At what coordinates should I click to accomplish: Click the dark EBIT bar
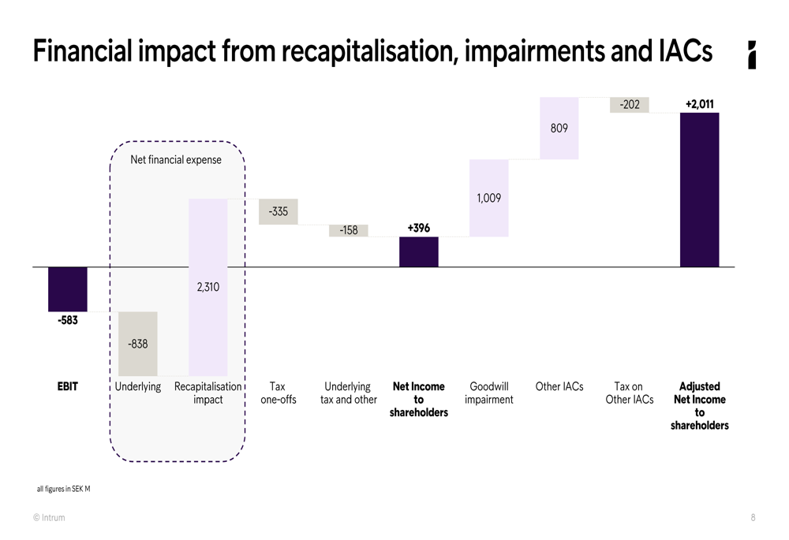click(x=68, y=289)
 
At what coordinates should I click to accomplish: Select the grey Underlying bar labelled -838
click(x=138, y=344)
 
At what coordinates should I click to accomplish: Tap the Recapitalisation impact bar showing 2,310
click(x=208, y=287)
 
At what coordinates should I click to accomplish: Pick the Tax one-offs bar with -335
click(x=279, y=211)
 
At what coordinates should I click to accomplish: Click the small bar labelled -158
click(x=349, y=230)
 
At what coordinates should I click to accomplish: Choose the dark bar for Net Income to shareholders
click(x=419, y=251)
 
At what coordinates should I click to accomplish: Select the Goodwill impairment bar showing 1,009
click(x=489, y=198)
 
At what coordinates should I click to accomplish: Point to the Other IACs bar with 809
click(x=559, y=128)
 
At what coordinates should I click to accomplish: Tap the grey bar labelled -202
click(x=630, y=105)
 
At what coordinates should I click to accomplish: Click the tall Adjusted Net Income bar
click(x=700, y=189)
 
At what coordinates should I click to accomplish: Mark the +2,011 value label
click(x=700, y=103)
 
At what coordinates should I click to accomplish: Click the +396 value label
click(x=419, y=228)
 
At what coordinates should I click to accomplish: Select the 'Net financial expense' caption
click(x=176, y=160)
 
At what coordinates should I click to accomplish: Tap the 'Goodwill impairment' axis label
click(x=489, y=393)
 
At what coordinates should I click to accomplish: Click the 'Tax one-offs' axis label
click(x=278, y=393)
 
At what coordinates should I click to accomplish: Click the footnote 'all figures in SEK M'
click(x=64, y=489)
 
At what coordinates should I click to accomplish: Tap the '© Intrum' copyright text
click(x=49, y=518)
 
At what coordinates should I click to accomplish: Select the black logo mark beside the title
click(x=752, y=54)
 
